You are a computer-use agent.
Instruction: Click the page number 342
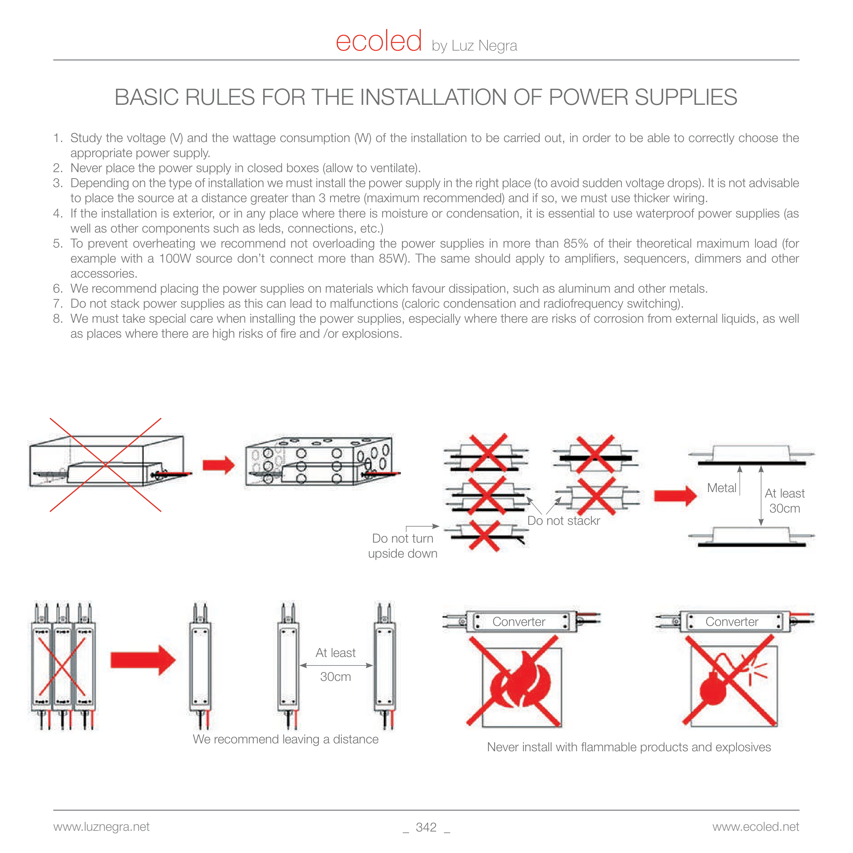coord(426,827)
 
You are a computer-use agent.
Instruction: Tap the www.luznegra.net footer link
coord(101,826)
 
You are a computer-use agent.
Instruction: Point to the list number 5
coord(58,244)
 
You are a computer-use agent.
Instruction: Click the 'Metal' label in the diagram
coord(722,488)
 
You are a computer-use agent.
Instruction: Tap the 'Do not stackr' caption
coord(563,521)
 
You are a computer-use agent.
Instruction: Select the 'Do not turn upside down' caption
coord(402,546)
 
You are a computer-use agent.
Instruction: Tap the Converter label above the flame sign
coord(519,621)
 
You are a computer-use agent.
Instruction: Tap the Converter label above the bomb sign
coord(731,621)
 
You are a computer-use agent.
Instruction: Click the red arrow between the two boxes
coord(218,465)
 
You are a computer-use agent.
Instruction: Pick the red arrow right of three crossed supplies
coord(143,660)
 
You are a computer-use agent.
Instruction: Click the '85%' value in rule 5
coord(576,244)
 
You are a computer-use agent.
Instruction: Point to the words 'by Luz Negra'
coord(474,46)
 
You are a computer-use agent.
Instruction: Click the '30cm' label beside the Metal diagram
coord(785,508)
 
